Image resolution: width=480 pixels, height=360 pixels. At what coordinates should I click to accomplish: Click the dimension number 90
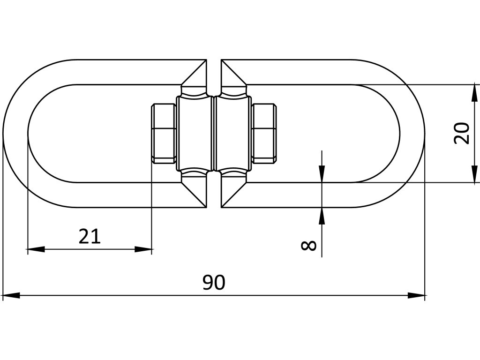pos(214,283)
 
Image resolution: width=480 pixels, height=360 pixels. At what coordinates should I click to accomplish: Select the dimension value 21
pos(90,236)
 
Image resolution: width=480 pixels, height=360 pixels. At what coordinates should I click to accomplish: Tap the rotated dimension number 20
pos(462,133)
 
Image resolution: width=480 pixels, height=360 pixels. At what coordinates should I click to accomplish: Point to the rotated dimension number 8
pos(308,245)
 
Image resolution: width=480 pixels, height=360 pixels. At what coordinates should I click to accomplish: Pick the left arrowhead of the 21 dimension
pos(36,249)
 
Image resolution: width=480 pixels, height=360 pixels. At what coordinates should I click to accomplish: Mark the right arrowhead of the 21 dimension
pos(144,249)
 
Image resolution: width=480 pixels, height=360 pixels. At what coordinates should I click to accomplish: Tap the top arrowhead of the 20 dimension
pos(475,92)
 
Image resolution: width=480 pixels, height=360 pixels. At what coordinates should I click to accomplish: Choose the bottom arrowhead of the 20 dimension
pos(475,174)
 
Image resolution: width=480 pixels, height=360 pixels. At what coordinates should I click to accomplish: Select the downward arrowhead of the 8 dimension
pos(322,174)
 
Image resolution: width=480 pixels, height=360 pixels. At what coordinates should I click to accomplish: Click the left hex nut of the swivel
pos(164,134)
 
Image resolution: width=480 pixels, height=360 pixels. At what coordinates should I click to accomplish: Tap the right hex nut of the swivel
pos(263,134)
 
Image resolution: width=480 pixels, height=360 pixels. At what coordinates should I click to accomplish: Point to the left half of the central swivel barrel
pos(195,134)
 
